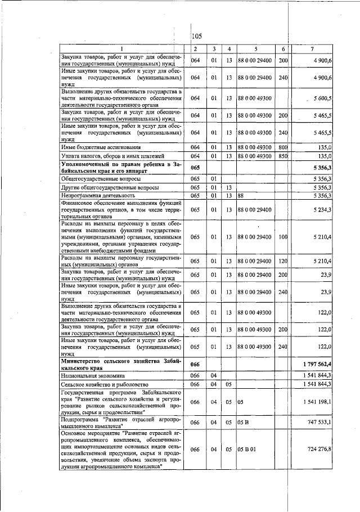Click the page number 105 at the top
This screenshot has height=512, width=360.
click(197, 37)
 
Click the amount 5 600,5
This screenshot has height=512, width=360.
click(323, 98)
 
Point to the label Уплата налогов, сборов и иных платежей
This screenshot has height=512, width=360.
click(105, 156)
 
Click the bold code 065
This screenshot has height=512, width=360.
click(195, 167)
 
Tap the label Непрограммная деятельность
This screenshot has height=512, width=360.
click(96, 196)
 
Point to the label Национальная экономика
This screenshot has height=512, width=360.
click(92, 374)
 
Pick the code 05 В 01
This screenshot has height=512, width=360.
click(247, 450)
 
